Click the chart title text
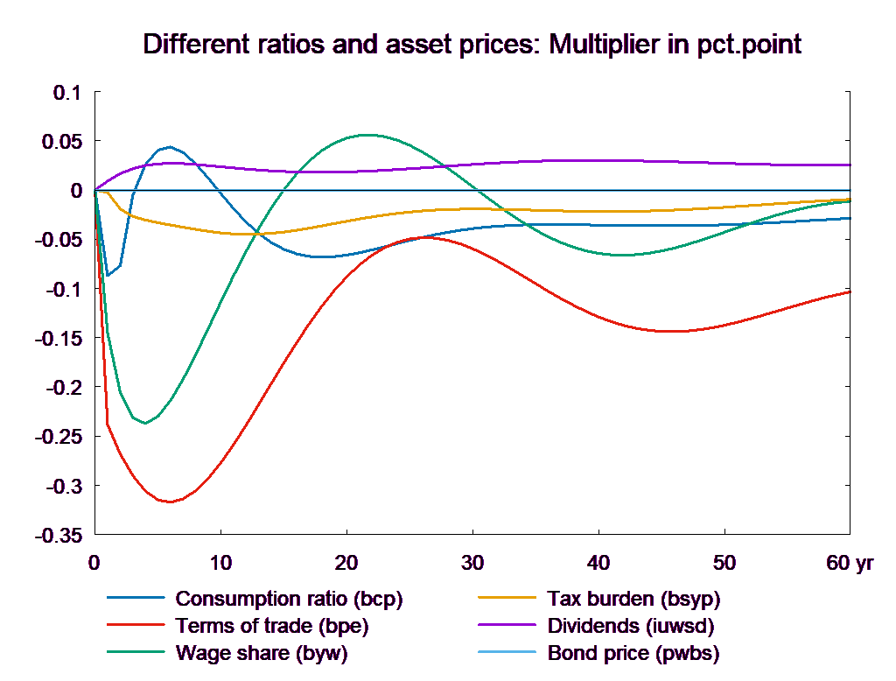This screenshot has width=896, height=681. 472,46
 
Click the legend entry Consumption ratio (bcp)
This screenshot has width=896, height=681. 289,600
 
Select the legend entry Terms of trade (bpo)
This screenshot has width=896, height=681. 272,627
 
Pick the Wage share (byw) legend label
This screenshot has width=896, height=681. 262,654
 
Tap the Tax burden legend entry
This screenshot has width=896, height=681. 633,600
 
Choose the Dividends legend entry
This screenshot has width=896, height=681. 631,627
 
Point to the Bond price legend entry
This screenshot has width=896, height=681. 633,654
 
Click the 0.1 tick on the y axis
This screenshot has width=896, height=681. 66,93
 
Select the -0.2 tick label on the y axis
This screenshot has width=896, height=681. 61,388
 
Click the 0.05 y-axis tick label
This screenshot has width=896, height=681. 62,142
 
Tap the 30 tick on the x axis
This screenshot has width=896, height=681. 473,562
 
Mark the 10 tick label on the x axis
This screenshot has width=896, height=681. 221,562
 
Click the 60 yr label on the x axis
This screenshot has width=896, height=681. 850,562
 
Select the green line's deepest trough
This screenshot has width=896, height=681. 145,424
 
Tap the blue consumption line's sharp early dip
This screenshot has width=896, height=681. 108,275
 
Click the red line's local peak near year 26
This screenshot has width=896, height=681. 423,236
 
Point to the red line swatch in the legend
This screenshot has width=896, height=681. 136,627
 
